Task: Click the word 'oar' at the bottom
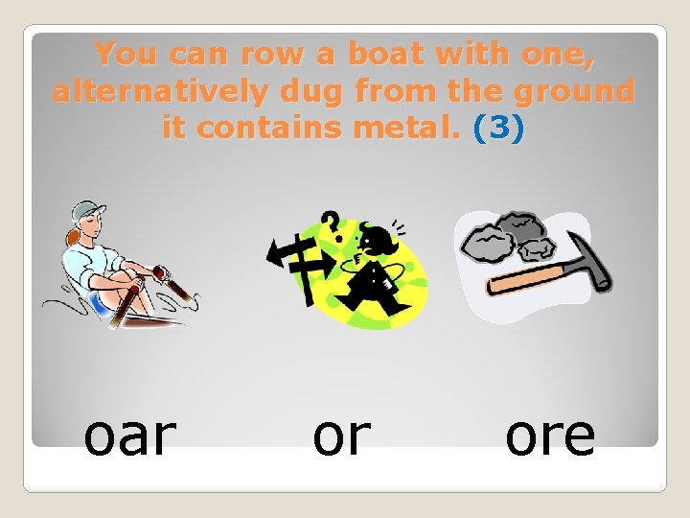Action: [x=129, y=436]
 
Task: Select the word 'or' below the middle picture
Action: [x=341, y=436]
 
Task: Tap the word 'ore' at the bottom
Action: [x=550, y=436]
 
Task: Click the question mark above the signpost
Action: [x=329, y=225]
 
